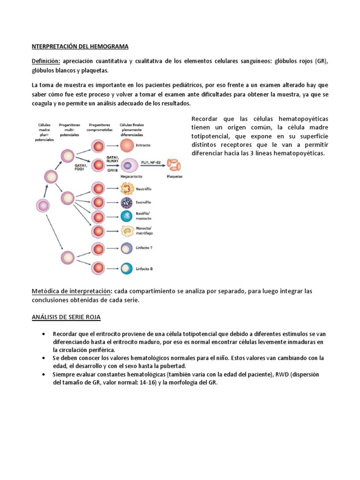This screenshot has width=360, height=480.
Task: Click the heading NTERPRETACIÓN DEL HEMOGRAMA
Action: tap(80, 46)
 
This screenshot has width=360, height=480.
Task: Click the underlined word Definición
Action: tap(46, 62)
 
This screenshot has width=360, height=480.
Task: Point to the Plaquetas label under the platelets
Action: tap(175, 177)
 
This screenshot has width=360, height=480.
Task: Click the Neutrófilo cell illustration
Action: tap(127, 189)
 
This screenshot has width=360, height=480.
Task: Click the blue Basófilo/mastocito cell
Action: tap(127, 216)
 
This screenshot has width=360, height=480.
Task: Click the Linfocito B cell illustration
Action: tap(127, 268)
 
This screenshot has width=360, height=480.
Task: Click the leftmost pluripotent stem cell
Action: tap(43, 205)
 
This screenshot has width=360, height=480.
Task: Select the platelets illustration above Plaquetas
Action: tap(174, 165)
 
